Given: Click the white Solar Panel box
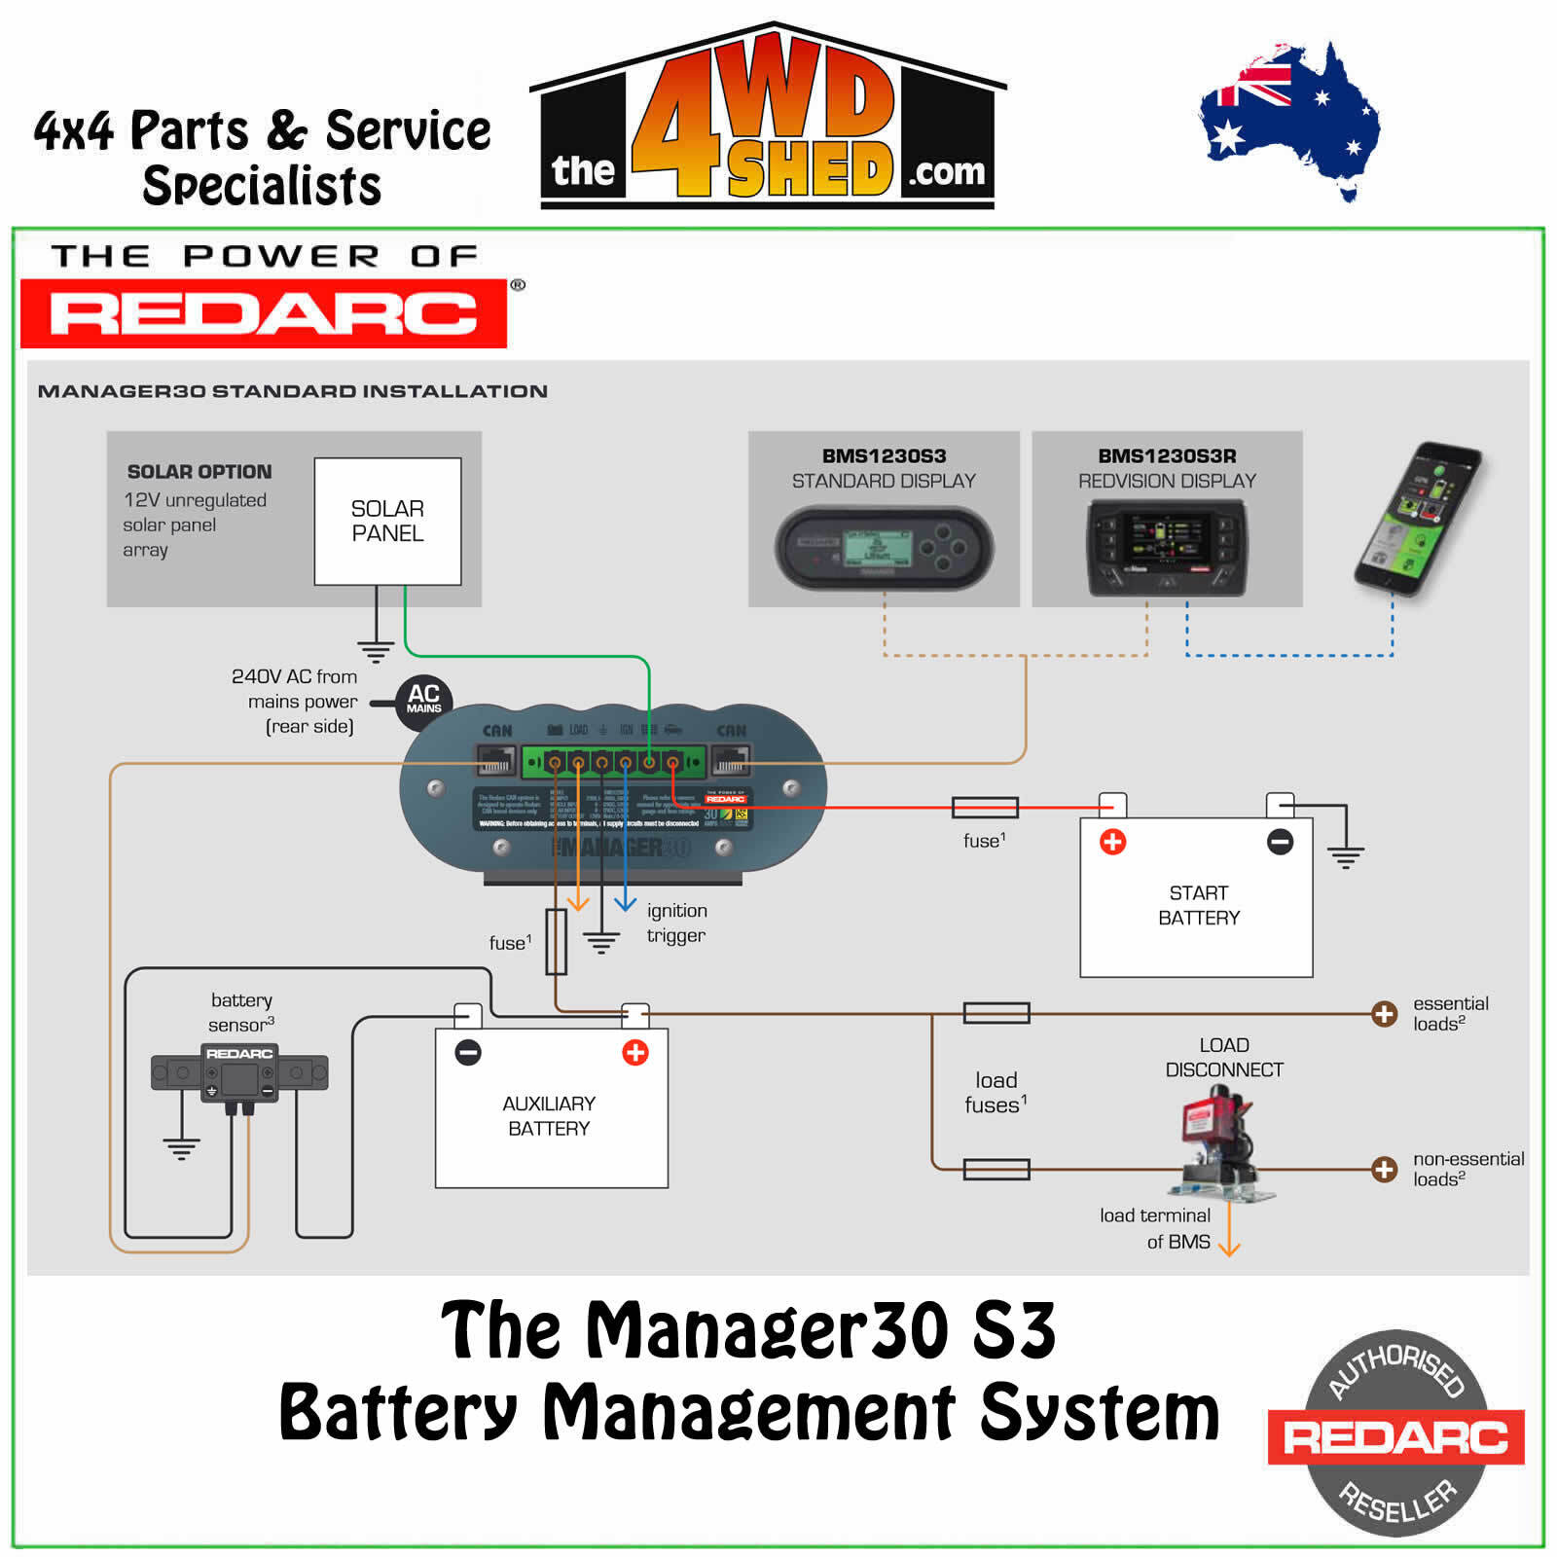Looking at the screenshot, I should (387, 521).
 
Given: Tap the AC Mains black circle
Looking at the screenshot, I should (423, 700).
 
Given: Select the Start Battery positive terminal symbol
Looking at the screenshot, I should (1112, 842).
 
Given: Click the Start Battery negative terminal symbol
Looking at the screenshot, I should (1280, 842).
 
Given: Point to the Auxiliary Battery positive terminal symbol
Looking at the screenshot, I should (635, 1052).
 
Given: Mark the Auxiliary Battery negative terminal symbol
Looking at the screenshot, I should (468, 1052).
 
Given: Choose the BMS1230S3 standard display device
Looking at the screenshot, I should (884, 547).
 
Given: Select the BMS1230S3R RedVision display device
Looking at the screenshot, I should (1166, 547).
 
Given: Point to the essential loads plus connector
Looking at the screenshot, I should (1384, 1014).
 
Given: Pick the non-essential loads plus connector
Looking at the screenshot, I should (1384, 1169).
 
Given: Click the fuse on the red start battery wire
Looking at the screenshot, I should (985, 807).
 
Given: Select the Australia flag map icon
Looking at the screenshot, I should (1289, 117).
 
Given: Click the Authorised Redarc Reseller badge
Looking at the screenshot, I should (1395, 1433).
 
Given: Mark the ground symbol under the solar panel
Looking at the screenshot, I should (376, 649).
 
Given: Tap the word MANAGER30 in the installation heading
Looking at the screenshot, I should (121, 391).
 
